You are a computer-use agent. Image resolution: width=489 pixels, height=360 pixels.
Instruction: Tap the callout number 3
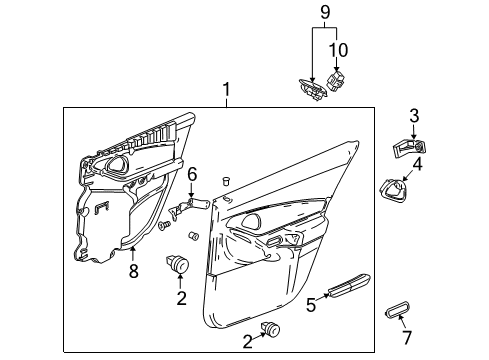(x=413, y=115)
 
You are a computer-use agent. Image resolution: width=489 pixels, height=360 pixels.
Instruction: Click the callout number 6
(x=193, y=174)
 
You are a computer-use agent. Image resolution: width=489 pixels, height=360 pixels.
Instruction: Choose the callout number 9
(x=323, y=14)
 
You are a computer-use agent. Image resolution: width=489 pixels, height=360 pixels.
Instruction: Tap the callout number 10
(x=338, y=48)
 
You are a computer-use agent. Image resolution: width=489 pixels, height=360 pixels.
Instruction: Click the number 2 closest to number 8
(x=182, y=298)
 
